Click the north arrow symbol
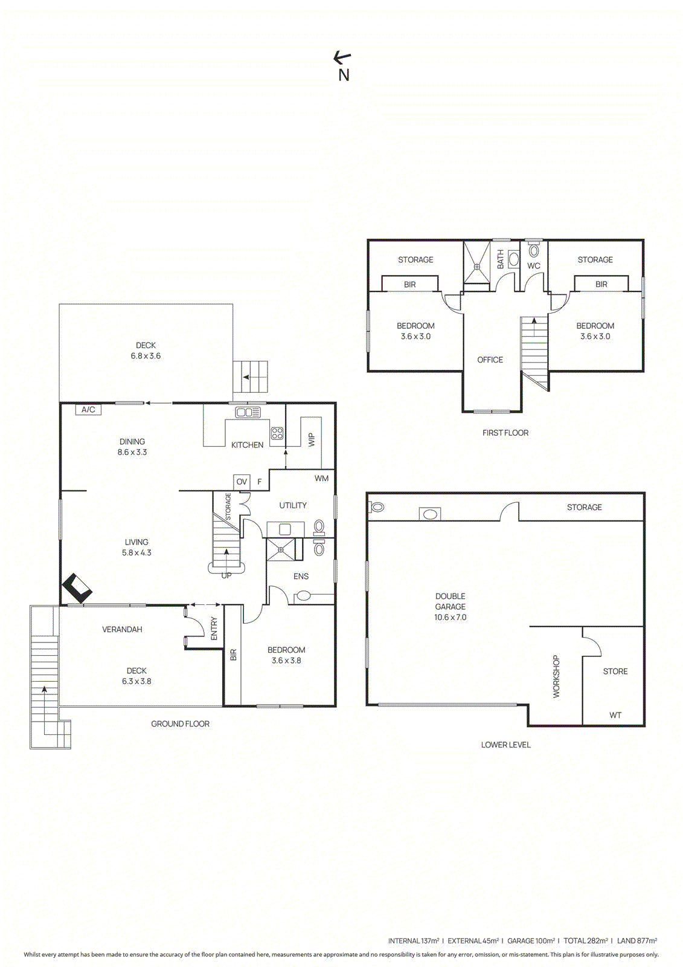342,58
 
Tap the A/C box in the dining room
88,410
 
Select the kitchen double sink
248,412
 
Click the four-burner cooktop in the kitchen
277,433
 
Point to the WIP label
312,439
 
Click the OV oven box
242,482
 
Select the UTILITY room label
293,505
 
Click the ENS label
301,577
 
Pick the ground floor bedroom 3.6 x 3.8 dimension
286,661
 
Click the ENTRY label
214,629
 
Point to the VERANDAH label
122,629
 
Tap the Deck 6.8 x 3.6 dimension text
146,356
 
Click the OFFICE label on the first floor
490,360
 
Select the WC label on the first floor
534,266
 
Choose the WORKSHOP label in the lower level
556,676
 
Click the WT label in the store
615,715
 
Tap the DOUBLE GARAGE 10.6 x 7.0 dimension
450,617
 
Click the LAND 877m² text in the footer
637,940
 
